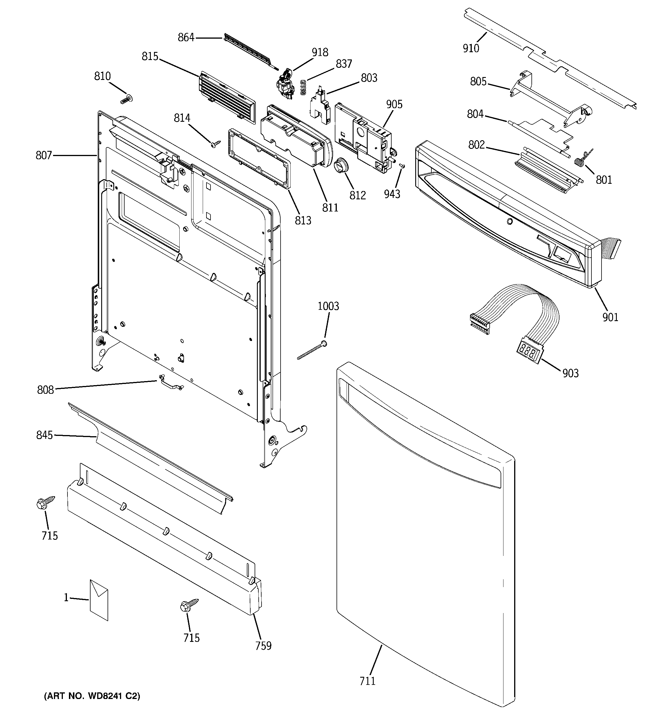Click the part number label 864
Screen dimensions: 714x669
(x=186, y=37)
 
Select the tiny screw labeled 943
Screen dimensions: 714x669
(x=402, y=166)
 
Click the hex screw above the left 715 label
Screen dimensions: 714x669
(x=45, y=503)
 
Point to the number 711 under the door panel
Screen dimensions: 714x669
(x=367, y=681)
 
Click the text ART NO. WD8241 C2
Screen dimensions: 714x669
(x=92, y=696)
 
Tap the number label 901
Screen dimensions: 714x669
(x=610, y=317)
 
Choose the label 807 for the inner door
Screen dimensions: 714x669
(x=44, y=155)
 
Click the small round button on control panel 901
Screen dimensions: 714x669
(x=509, y=222)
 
